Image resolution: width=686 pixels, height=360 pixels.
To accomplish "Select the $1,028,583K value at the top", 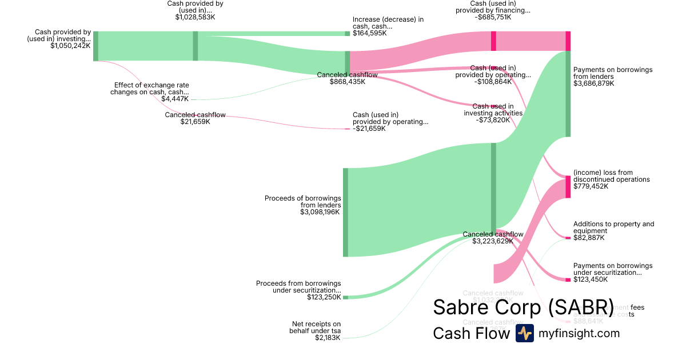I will point(195,18).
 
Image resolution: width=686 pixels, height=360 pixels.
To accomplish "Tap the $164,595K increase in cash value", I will point(369,34).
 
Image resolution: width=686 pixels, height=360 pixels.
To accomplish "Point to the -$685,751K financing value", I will point(493,18).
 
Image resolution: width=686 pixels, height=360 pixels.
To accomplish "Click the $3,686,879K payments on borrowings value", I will point(593,83).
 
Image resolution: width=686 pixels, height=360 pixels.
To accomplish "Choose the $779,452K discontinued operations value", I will point(591,186).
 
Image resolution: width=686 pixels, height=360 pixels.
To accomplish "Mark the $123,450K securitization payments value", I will point(591,279).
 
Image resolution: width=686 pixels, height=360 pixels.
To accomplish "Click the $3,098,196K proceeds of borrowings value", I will point(320,212).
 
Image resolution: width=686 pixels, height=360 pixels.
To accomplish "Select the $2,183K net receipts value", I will point(328,338).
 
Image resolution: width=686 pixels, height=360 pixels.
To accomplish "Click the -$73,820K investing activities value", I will point(493,120).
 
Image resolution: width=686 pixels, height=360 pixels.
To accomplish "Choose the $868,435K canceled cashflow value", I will point(348,82).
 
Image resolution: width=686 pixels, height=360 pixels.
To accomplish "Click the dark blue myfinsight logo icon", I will point(524,333).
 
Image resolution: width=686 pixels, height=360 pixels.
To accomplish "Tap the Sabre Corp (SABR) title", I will point(523,307).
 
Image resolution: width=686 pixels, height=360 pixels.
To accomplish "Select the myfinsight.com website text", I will point(579,333).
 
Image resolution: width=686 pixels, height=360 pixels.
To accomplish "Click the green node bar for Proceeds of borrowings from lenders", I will point(345,212).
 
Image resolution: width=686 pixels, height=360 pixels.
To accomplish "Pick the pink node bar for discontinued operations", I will point(568,187).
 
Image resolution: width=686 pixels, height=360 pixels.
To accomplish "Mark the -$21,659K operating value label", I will point(369,129).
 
